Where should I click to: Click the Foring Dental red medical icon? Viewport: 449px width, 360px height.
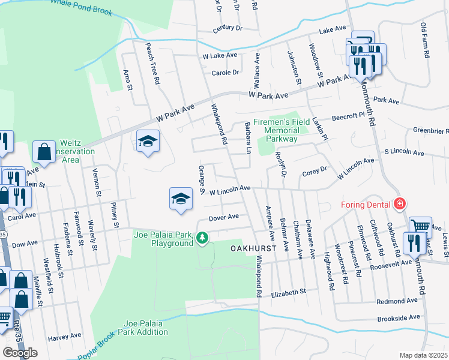[399, 205]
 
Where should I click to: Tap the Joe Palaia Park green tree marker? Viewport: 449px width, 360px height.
[203, 238]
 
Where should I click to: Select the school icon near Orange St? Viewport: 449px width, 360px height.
[180, 199]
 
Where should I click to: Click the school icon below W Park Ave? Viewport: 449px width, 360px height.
[148, 142]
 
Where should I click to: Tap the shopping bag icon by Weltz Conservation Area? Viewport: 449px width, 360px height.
[44, 152]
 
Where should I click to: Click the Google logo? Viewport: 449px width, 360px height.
[20, 352]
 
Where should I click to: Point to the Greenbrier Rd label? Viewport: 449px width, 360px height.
[430, 130]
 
